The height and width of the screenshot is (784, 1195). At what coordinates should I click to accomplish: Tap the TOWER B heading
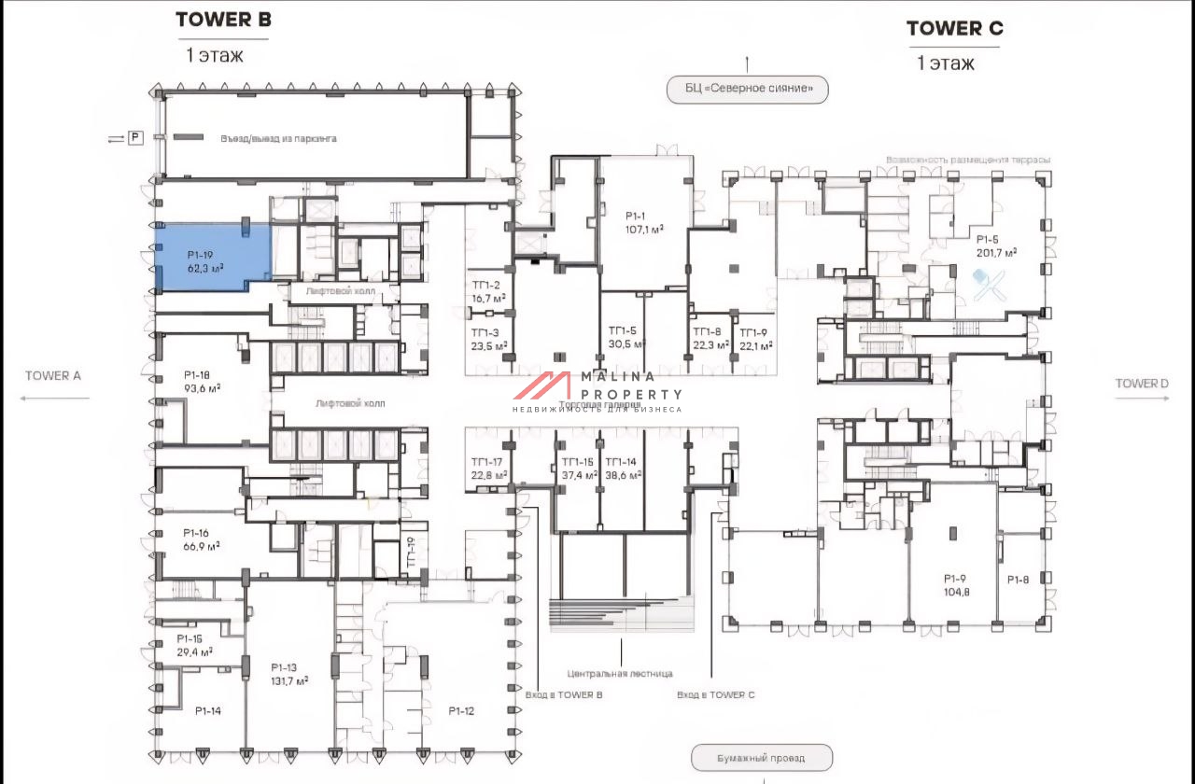tap(223, 20)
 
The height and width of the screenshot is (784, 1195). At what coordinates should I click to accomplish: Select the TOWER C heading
tap(954, 29)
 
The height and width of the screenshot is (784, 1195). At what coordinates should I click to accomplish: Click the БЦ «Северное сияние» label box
tap(747, 90)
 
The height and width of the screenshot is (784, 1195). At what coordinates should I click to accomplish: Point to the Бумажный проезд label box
tap(761, 758)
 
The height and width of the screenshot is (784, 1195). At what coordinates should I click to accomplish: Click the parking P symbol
tap(135, 138)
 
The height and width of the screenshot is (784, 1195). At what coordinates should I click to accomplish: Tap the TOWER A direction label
tap(53, 376)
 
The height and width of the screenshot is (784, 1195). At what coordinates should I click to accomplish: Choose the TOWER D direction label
tap(1142, 384)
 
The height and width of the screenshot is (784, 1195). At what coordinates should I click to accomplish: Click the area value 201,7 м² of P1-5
tap(997, 252)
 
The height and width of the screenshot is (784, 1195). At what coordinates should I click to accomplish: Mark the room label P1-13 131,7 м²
tap(289, 674)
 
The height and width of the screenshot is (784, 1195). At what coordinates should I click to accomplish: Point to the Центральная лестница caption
tap(620, 673)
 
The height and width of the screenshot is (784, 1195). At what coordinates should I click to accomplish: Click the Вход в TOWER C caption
tap(715, 695)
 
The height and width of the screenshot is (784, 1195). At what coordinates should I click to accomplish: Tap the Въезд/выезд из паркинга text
tap(278, 138)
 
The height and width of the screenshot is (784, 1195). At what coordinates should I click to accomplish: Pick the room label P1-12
tap(461, 711)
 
